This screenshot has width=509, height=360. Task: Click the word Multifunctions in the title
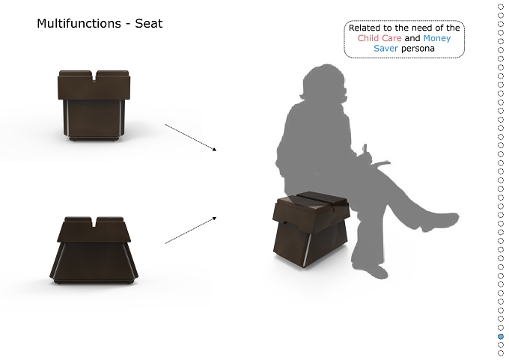point(79,23)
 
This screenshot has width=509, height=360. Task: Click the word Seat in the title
point(149,23)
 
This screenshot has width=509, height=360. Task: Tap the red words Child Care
point(380,38)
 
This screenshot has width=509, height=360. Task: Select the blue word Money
point(437,39)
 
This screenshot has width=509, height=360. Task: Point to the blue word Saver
point(385,49)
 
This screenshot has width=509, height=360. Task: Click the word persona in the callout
point(418,49)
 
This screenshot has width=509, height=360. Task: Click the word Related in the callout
point(360,28)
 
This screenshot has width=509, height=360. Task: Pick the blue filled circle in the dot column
point(501,337)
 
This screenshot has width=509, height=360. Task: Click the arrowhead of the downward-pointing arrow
point(214,150)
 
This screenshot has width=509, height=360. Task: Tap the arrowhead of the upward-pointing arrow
point(214,218)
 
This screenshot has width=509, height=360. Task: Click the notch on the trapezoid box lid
point(94,222)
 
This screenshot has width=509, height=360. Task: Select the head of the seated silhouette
point(323,83)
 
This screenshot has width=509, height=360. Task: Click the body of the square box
point(94,119)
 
